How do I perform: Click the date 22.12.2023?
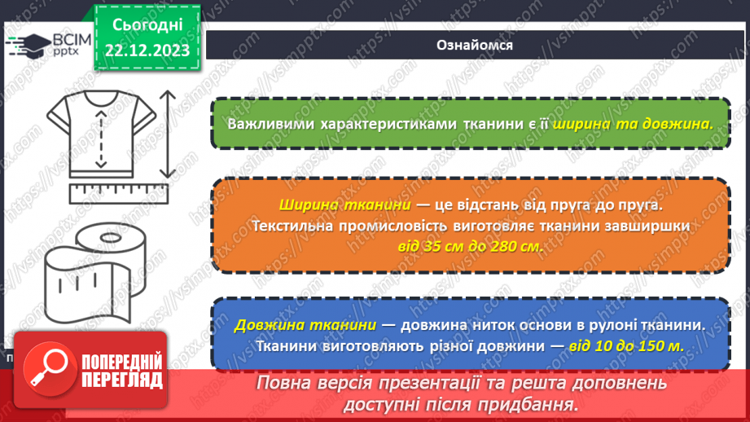147,51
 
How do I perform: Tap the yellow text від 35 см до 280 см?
469,244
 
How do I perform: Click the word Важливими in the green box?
269,125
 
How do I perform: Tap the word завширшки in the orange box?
644,225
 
